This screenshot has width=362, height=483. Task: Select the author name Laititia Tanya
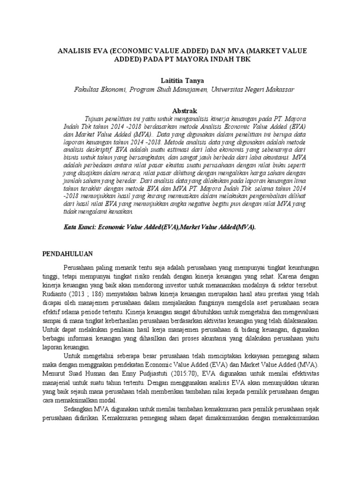tap(181, 81)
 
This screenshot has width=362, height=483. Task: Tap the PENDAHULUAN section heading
tap(67, 253)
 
